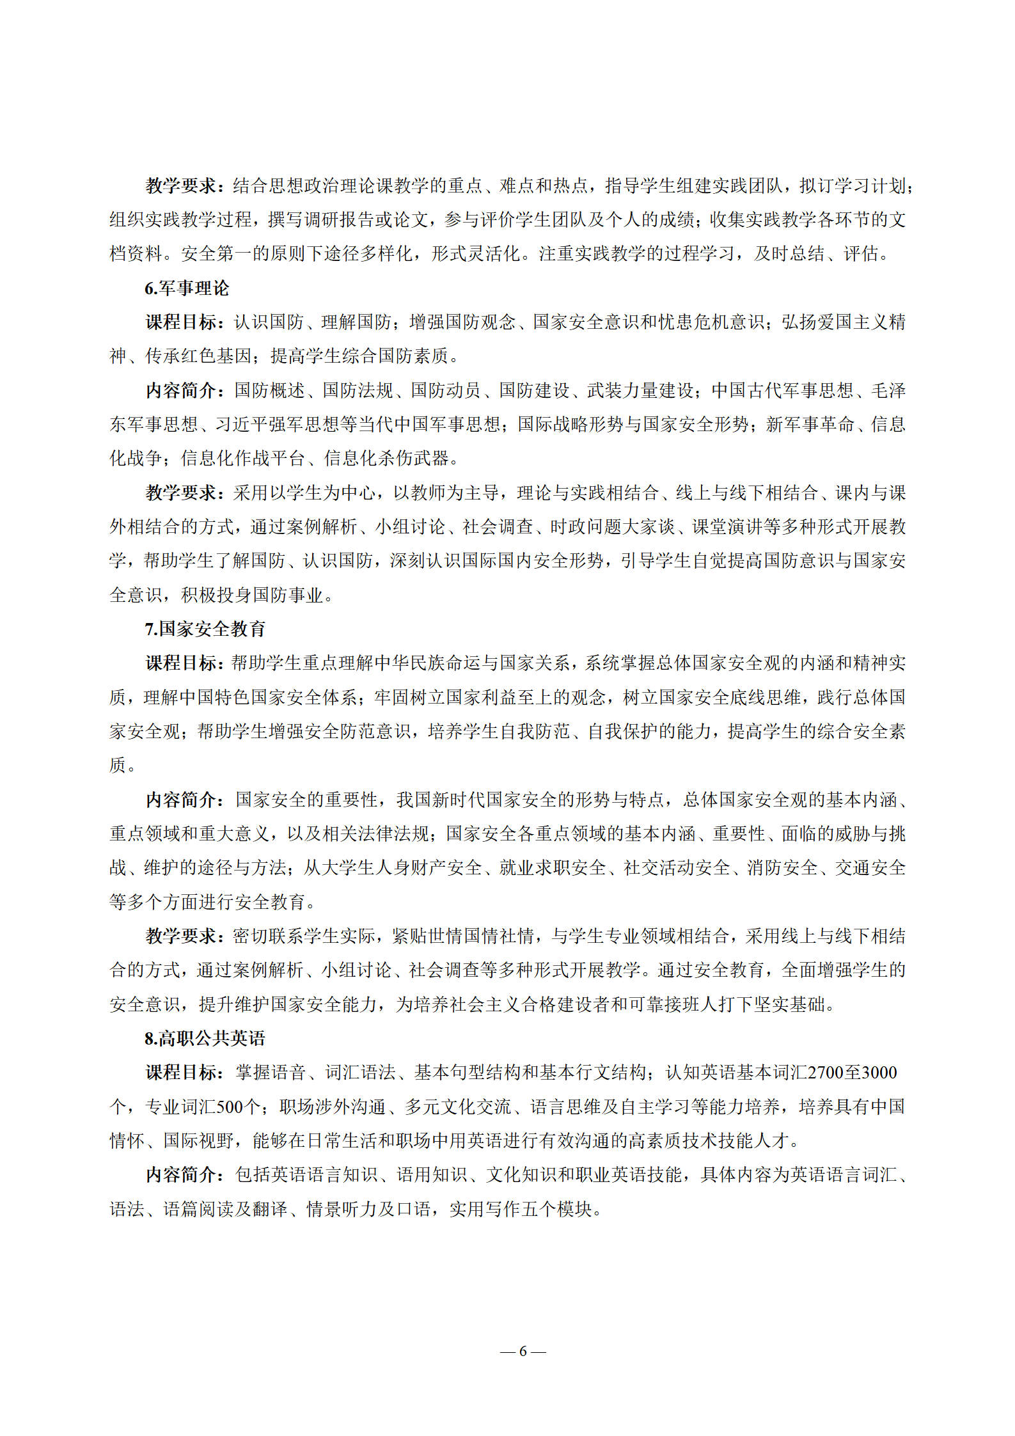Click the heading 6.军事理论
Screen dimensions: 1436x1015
(186, 288)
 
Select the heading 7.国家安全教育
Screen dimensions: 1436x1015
(205, 629)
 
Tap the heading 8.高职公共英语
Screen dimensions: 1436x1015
(205, 1038)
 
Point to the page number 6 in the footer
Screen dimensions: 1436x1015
(523, 1351)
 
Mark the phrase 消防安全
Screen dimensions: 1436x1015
(782, 868)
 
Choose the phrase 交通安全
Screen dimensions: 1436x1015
(870, 868)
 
